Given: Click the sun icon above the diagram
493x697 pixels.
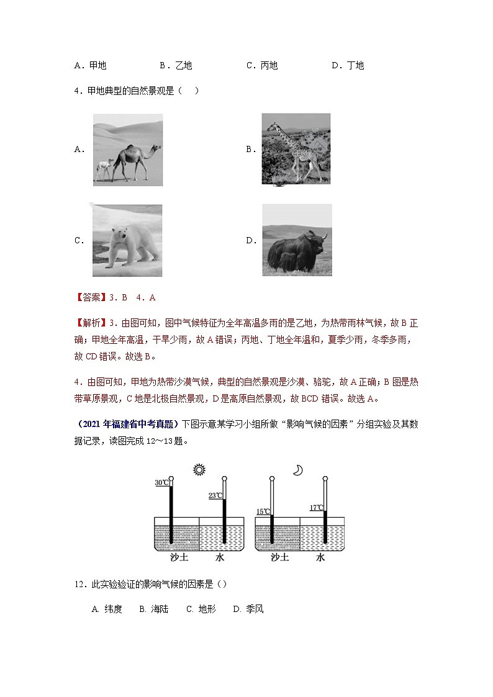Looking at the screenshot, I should click(x=199, y=470).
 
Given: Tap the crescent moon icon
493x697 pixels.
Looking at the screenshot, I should click(x=298, y=470).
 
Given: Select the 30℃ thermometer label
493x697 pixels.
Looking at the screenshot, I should click(x=161, y=483).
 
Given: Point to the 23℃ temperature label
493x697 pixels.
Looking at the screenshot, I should click(x=215, y=495).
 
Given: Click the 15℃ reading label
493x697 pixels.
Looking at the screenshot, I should click(x=263, y=512).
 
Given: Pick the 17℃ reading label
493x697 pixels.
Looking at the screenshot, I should click(x=316, y=508).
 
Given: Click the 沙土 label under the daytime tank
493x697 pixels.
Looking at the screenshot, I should click(x=179, y=557).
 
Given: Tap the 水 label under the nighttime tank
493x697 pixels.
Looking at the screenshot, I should click(x=320, y=557).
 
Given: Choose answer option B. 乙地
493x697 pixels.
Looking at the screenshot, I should click(x=176, y=65).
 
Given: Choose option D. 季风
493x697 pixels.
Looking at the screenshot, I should click(x=248, y=609).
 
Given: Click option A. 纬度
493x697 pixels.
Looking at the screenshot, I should click(x=107, y=609).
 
